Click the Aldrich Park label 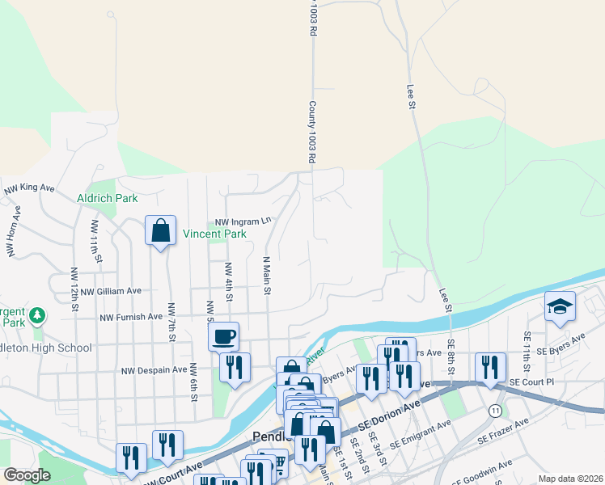107,198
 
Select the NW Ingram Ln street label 243,221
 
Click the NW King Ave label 29,188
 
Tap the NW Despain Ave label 154,370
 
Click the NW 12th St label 74,289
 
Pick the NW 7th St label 171,318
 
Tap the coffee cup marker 224,335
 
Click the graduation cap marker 560,307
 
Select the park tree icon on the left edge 36,314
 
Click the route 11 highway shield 494,411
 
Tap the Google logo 27,475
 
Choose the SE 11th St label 526,346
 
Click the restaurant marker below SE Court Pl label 490,368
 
